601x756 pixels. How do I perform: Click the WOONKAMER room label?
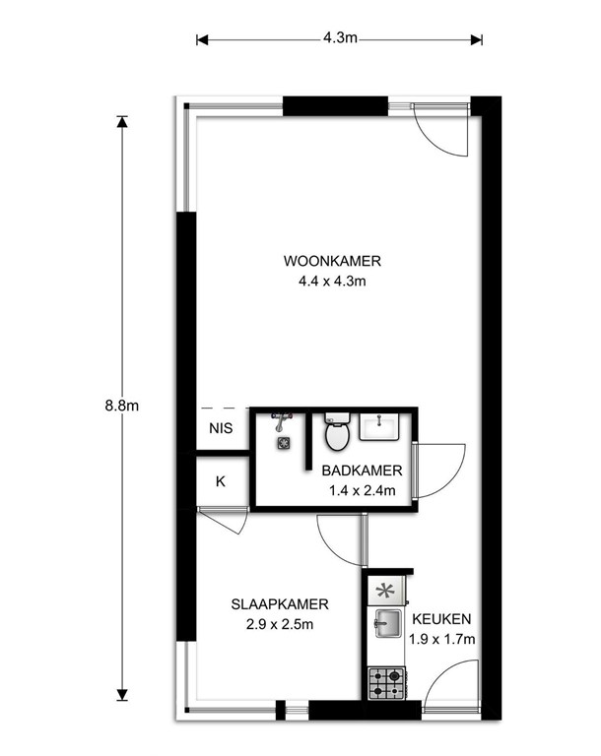(x=332, y=262)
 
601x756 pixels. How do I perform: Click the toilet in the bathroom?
(x=337, y=430)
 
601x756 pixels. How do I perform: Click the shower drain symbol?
(x=284, y=444)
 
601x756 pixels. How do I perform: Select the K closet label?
(x=221, y=481)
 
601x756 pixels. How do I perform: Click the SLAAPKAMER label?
(x=280, y=604)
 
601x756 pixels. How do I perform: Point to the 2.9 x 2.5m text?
(x=280, y=624)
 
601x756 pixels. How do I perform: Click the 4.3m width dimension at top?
(x=339, y=39)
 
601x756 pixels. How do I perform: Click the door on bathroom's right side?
(x=437, y=470)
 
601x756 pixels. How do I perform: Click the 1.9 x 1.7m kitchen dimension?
(x=441, y=639)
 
